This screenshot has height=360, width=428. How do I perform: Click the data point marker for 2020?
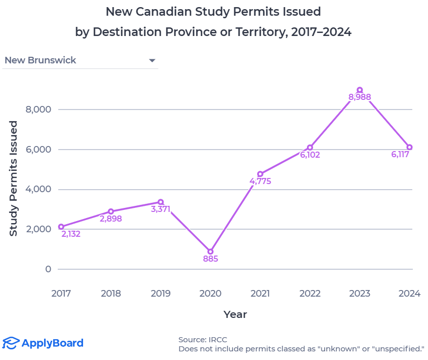coord(210,251)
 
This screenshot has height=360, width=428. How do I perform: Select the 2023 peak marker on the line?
coord(360,90)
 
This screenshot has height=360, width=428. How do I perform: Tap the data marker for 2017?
coord(61,227)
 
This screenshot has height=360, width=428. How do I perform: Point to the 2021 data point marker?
coord(260,174)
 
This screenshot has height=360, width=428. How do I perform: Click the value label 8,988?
coord(360,97)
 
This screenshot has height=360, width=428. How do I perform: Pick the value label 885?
coord(210,259)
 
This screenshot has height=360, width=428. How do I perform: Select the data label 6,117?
coord(400,155)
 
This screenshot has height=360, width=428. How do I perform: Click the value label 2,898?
coord(111,219)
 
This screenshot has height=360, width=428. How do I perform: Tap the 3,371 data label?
coord(161,209)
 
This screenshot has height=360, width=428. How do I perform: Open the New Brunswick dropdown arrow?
coord(152,61)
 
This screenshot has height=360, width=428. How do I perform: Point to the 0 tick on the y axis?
coord(48,269)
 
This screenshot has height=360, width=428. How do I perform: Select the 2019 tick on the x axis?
coord(161,294)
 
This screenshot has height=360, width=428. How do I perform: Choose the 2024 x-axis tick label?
coord(409,294)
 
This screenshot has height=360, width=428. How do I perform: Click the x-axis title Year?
coord(235,314)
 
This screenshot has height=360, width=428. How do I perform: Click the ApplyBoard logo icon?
coord(11,343)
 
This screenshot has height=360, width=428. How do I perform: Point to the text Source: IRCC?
coord(199,339)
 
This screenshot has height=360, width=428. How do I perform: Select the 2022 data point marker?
coord(310,148)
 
